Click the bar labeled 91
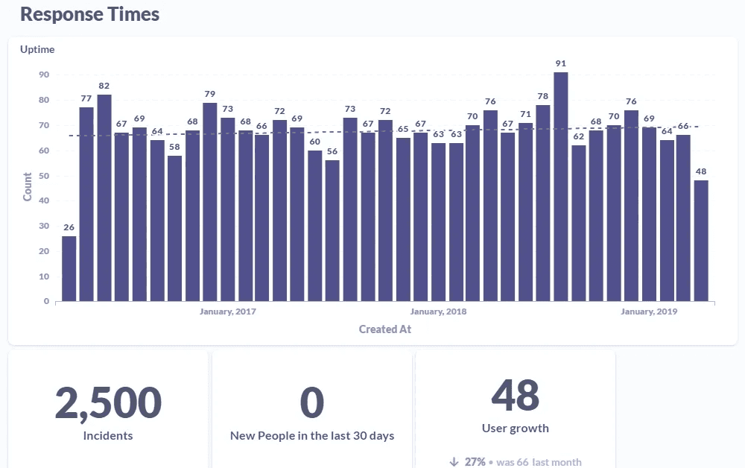click(560, 186)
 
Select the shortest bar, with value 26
click(69, 268)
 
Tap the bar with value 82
click(104, 197)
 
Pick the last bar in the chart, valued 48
click(701, 241)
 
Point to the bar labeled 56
click(332, 230)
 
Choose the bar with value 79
click(209, 201)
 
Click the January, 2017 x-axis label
click(228, 312)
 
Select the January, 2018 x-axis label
click(438, 312)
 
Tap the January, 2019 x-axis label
click(649, 312)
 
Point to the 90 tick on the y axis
click(44, 75)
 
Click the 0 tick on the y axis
click(46, 301)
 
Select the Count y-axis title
click(28, 186)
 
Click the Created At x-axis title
click(384, 329)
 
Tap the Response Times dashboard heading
click(89, 14)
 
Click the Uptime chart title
click(37, 49)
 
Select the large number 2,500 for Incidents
click(108, 402)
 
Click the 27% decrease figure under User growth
click(475, 461)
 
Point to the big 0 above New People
click(311, 402)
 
